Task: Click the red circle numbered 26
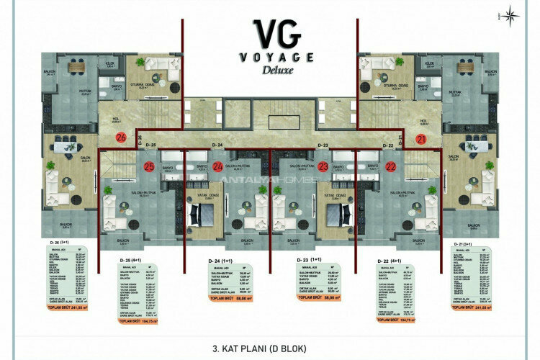pyautogui.click(x=121, y=137)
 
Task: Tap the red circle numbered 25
pyautogui.click(x=149, y=167)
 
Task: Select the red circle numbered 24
pyautogui.click(x=218, y=167)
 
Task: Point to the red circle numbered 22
pyautogui.click(x=391, y=167)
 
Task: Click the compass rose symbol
pyautogui.click(x=513, y=14)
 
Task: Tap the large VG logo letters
pyautogui.click(x=269, y=34)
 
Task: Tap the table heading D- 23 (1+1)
pyautogui.click(x=310, y=258)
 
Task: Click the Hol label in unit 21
pyautogui.click(x=424, y=121)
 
